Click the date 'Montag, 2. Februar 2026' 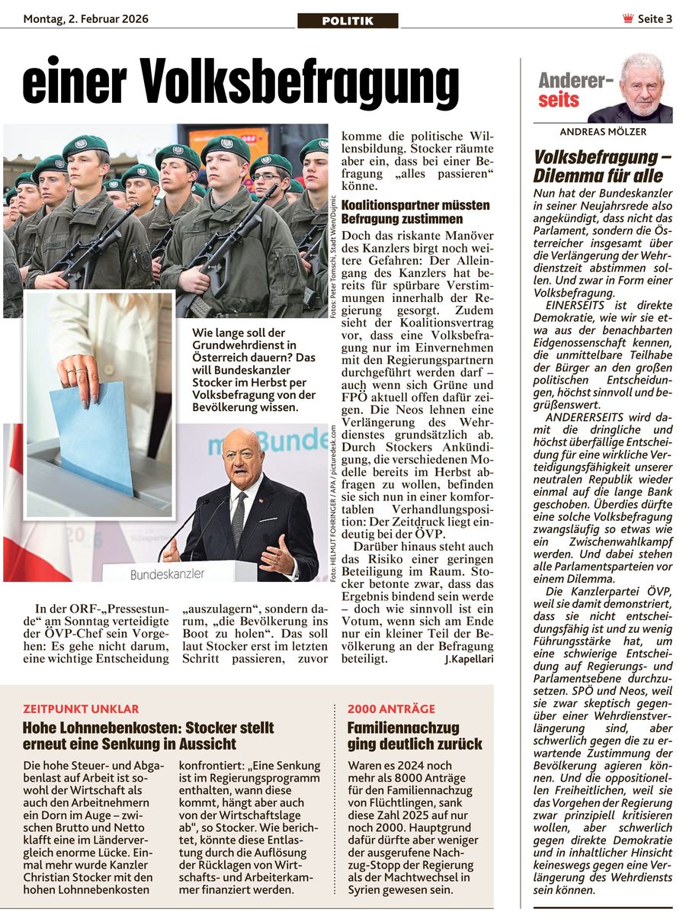pyautogui.click(x=85, y=19)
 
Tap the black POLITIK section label pyautogui.click(x=348, y=21)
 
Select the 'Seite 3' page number pyautogui.click(x=655, y=19)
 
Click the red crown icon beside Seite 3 pyautogui.click(x=628, y=19)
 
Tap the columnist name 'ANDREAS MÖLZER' pyautogui.click(x=603, y=132)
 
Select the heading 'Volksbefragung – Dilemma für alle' pyautogui.click(x=602, y=166)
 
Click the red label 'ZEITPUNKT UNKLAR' pyautogui.click(x=70, y=708)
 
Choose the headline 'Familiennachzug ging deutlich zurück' pyautogui.click(x=415, y=735)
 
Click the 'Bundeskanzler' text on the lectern pyautogui.click(x=167, y=573)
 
